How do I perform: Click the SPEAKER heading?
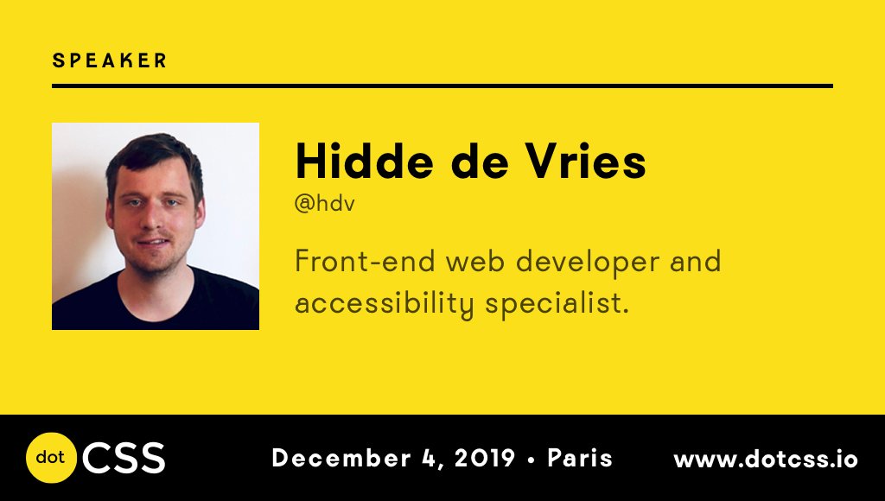(x=110, y=60)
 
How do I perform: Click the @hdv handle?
(x=325, y=203)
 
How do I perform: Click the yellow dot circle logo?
(x=51, y=458)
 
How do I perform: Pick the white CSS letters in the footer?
(x=124, y=458)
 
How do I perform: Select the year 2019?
(x=485, y=458)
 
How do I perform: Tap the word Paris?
(x=580, y=458)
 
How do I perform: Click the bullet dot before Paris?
(x=532, y=460)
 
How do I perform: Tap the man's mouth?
(x=153, y=243)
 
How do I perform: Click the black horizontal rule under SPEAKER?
(x=442, y=86)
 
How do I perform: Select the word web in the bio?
(x=475, y=261)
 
